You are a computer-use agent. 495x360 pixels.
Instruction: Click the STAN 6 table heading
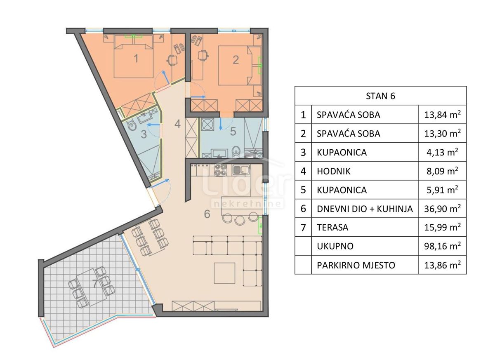click(380, 96)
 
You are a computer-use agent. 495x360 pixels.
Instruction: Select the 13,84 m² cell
click(442, 115)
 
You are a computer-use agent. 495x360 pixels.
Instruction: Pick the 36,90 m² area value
click(442, 209)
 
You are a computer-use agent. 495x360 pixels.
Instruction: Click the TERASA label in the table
click(333, 228)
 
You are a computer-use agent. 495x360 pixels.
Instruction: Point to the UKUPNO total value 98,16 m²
click(442, 247)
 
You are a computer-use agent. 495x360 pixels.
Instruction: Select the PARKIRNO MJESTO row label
click(356, 265)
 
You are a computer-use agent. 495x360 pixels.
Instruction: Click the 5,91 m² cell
click(442, 191)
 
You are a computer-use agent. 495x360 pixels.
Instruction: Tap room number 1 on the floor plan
click(136, 59)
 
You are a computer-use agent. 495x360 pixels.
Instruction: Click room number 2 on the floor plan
click(236, 59)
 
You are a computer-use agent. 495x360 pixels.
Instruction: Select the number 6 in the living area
click(207, 214)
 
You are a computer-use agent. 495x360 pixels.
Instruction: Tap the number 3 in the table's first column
click(303, 153)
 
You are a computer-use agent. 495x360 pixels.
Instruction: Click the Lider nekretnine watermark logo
click(247, 188)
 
